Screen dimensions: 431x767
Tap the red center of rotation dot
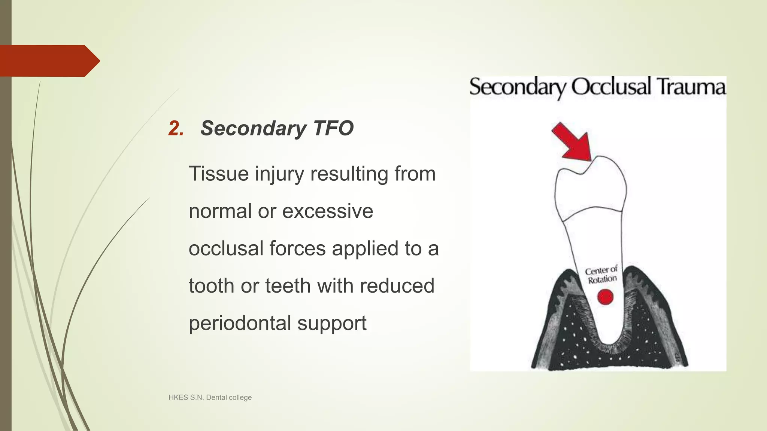[605, 297]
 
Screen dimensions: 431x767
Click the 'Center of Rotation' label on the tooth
[601, 275]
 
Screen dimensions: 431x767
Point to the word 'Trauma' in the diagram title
[691, 87]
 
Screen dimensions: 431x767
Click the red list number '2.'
[176, 128]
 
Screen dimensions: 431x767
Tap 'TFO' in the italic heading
[333, 128]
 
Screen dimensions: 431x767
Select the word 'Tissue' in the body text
[219, 174]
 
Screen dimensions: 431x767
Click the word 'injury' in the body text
[279, 174]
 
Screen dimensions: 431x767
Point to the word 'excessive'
[327, 211]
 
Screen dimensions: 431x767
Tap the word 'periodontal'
[240, 323]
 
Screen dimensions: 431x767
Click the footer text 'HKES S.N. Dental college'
[210, 397]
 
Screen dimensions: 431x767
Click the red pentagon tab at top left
[49, 61]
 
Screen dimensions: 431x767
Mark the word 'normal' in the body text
[220, 211]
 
